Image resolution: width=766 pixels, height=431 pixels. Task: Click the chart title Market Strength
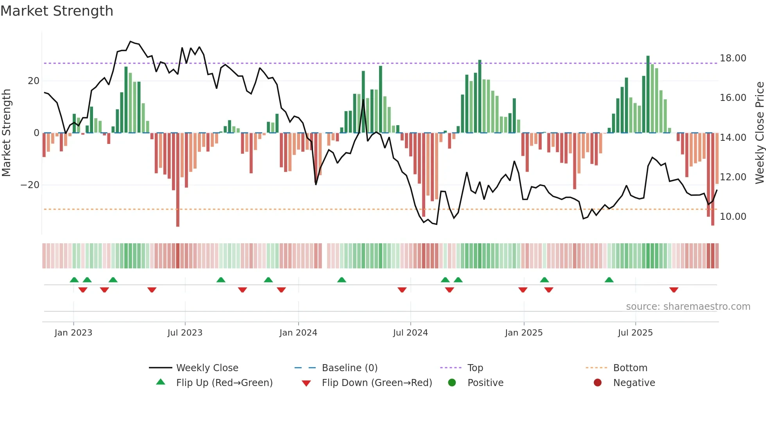(57, 11)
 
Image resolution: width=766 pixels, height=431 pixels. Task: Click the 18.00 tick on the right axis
(733, 58)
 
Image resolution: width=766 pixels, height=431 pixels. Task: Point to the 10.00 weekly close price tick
(733, 217)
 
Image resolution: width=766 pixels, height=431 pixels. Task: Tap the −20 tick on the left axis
(30, 185)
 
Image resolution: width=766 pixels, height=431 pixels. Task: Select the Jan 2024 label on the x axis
(298, 333)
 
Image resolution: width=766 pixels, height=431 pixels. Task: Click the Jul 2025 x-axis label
(635, 333)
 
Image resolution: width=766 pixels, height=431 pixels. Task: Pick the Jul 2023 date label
(185, 333)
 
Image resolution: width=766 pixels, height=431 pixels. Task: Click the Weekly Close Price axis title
(759, 133)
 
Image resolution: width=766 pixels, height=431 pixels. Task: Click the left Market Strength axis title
(6, 133)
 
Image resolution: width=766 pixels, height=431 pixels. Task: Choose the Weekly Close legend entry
(207, 368)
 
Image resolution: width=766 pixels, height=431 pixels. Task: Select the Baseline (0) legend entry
(349, 368)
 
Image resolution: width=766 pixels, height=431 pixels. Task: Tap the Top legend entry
(475, 368)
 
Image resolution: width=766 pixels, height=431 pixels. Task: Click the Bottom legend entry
(630, 368)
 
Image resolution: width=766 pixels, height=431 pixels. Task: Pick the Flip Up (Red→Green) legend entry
(224, 383)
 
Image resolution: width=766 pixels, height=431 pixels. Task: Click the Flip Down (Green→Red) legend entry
(377, 383)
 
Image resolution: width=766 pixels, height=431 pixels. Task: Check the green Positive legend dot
(452, 383)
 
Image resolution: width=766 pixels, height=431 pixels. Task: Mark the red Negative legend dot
(598, 383)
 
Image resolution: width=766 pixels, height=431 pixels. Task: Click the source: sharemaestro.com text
(688, 307)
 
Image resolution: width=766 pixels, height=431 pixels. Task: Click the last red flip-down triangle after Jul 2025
(673, 290)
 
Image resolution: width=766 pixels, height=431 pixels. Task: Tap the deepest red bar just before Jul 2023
(178, 180)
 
